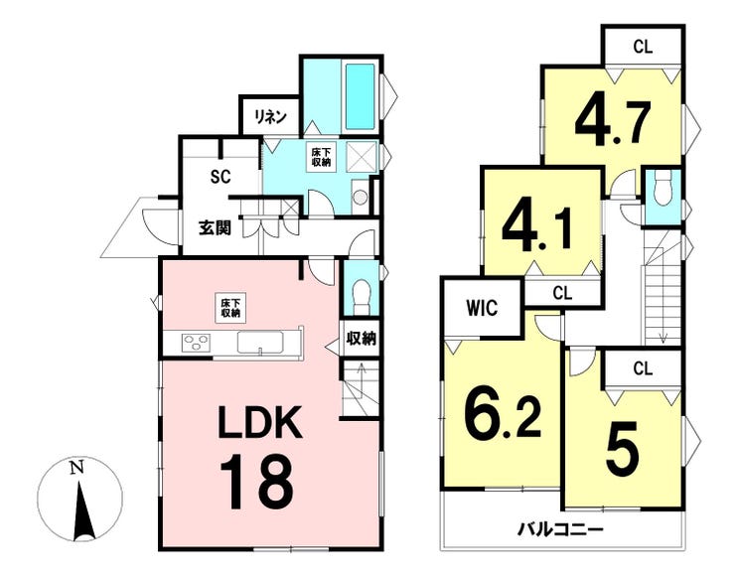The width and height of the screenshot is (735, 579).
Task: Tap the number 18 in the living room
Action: point(256,481)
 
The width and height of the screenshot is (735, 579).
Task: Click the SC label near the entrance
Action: point(220,178)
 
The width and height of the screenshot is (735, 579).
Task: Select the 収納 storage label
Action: point(361,339)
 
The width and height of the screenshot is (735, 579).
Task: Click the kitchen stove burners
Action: point(196,344)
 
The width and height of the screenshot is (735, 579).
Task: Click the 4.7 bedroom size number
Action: point(611,120)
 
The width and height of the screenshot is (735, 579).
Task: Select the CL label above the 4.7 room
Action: point(641,46)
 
